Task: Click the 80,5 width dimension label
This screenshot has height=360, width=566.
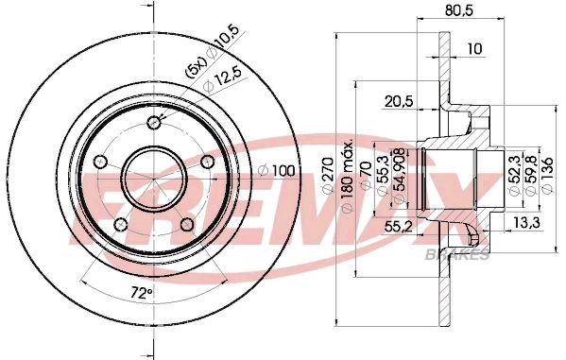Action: (459, 10)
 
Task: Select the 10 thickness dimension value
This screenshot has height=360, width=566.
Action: (474, 48)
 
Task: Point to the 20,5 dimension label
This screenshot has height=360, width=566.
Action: (399, 102)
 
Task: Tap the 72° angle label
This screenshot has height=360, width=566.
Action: (141, 293)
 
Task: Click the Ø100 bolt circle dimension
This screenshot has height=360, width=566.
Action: (277, 171)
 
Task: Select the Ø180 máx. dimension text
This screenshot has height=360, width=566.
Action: (347, 177)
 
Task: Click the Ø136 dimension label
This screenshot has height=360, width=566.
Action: (547, 176)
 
